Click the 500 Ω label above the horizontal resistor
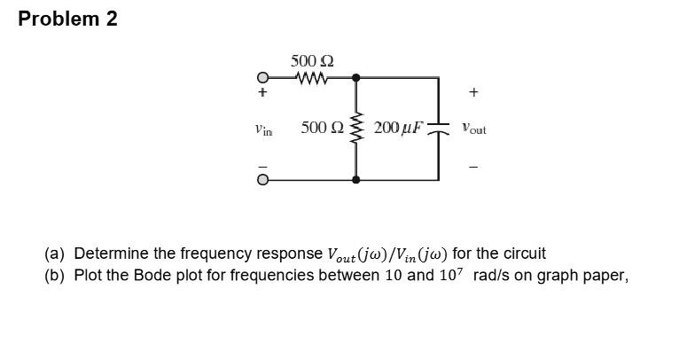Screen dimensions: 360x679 click(312, 61)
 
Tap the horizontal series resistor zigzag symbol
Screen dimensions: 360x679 click(312, 78)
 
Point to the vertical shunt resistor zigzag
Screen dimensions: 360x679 click(356, 129)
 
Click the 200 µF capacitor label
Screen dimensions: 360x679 click(400, 129)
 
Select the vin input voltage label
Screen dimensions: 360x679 click(263, 129)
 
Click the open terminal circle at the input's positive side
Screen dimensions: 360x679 click(263, 78)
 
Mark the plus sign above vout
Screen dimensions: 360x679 click(474, 91)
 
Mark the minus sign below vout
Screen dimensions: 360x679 click(474, 167)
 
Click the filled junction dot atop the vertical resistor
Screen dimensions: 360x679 click(356, 78)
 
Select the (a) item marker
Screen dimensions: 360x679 click(55, 254)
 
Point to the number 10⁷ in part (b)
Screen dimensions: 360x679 click(454, 273)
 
